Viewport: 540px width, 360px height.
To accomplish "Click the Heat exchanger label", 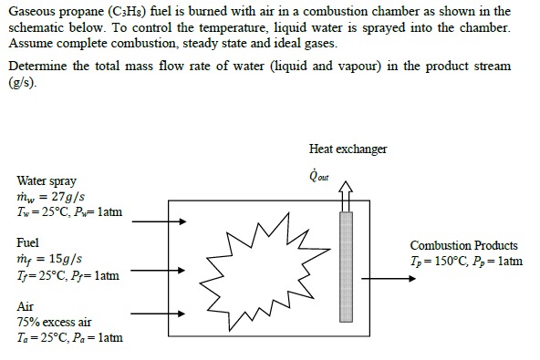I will [x=348, y=149].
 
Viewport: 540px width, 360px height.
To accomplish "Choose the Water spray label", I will [x=47, y=181].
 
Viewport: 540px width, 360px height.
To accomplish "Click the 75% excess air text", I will [x=55, y=322].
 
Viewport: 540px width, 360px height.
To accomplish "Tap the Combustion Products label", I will [x=463, y=246].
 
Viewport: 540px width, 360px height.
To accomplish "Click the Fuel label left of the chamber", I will [x=28, y=244].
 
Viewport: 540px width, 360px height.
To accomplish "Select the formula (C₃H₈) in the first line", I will [x=128, y=11].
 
